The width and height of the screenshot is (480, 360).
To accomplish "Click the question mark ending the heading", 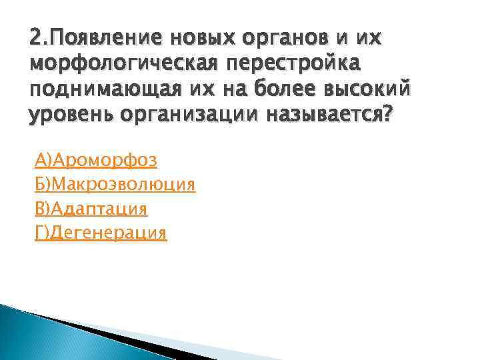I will [389, 114].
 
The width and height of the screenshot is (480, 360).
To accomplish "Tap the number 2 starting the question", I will [35, 39].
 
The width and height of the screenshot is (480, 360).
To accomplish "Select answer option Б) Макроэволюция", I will [114, 185].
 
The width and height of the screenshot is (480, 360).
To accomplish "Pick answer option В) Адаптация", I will [91, 209].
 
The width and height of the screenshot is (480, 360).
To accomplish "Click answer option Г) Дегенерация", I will [100, 233].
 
